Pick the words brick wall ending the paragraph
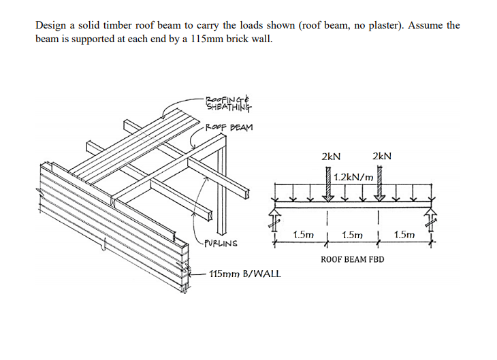pyautogui.click(x=250, y=38)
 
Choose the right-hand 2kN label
pyautogui.click(x=381, y=156)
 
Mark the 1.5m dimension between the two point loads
pyautogui.click(x=353, y=235)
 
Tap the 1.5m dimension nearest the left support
pyautogui.click(x=302, y=235)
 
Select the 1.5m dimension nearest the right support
pyautogui.click(x=404, y=235)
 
